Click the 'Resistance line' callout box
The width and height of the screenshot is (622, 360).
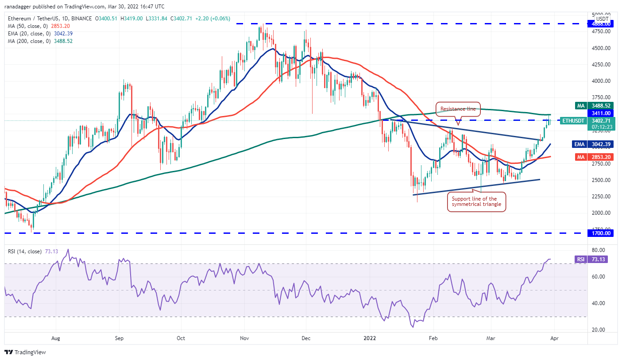(x=458, y=108)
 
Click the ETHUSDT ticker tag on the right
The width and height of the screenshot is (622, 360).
(x=572, y=120)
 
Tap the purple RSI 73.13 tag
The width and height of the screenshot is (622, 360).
(x=591, y=259)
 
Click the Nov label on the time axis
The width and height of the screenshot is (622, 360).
(x=244, y=338)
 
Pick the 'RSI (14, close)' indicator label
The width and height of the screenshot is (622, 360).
(x=25, y=252)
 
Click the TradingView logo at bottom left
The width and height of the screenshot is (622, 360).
(x=26, y=352)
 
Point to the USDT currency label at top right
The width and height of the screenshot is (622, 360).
(x=602, y=19)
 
